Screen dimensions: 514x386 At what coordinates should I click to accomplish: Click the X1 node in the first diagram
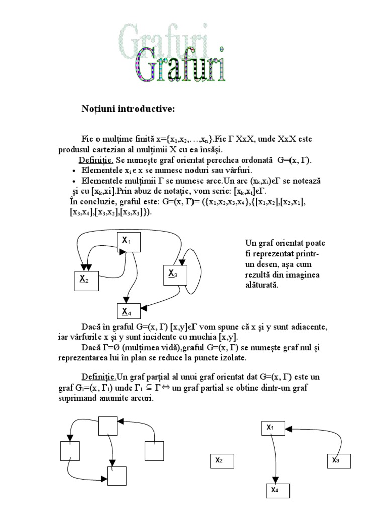click(x=128, y=241)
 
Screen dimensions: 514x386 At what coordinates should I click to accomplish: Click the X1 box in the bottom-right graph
click(x=272, y=428)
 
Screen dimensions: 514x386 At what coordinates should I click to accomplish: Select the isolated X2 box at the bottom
click(x=222, y=460)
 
